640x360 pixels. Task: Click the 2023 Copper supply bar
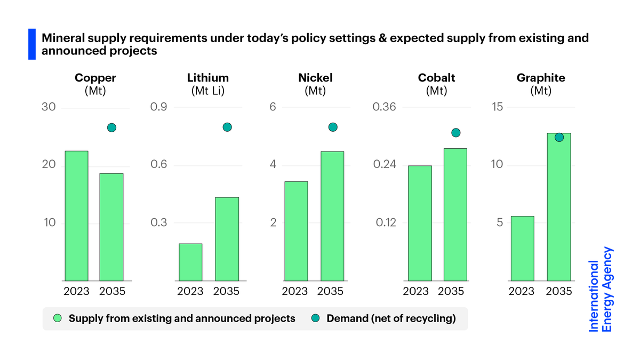coord(76,215)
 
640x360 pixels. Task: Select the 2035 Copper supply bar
coord(111,227)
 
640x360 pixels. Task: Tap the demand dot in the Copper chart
coord(111,127)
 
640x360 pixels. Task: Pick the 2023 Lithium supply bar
coord(190,262)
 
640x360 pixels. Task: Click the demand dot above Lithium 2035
coord(227,127)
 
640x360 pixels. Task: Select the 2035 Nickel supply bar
coord(332,216)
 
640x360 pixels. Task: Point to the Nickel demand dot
coord(333,127)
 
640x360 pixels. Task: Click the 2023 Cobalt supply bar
coord(420,223)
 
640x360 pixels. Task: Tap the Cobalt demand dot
coord(455,133)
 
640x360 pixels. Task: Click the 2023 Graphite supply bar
coord(522,248)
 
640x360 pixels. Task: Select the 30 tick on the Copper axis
coord(49,108)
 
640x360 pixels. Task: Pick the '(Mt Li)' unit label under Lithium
coord(208,91)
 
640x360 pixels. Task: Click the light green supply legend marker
coord(58,318)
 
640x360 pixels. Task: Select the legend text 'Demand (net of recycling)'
coord(391,318)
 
